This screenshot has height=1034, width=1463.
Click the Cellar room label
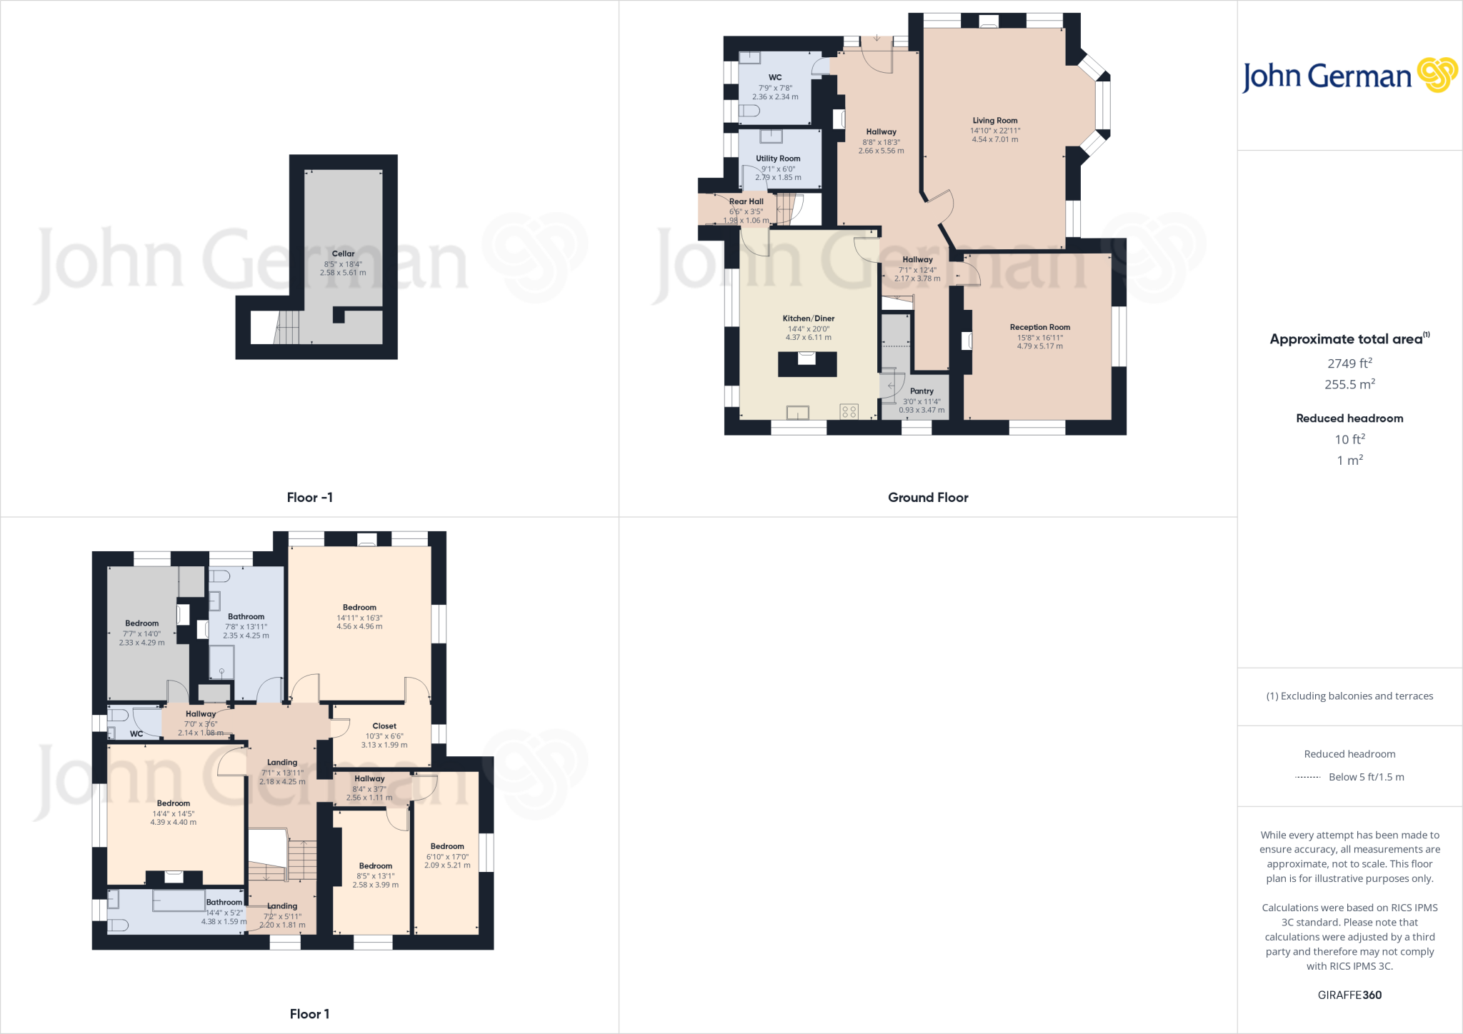[x=343, y=254]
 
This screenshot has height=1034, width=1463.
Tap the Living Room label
[x=994, y=121]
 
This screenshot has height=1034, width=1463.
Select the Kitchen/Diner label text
[x=808, y=318]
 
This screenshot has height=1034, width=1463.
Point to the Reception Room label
[x=1039, y=327]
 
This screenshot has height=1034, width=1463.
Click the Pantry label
[x=922, y=391]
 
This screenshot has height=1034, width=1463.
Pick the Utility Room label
[x=778, y=159]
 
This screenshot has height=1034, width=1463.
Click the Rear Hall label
[x=746, y=201]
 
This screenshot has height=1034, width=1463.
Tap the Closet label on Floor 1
[x=384, y=726]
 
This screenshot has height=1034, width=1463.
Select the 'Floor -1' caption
[x=309, y=498]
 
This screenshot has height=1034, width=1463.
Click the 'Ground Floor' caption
[x=928, y=498]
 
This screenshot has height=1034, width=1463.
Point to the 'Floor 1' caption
[x=309, y=1014]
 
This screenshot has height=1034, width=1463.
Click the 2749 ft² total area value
[x=1349, y=363]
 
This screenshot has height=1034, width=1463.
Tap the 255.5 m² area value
[x=1349, y=384]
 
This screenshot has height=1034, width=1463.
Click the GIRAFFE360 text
[x=1349, y=995]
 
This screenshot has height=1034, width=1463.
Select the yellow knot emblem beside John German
[x=1437, y=75]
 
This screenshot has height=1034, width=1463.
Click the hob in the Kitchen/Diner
[x=849, y=411]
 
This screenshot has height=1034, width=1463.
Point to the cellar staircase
[x=287, y=328]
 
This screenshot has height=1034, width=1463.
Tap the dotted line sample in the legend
[x=1308, y=777]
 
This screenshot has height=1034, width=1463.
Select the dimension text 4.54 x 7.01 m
[x=994, y=139]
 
